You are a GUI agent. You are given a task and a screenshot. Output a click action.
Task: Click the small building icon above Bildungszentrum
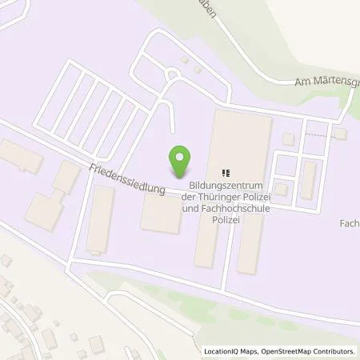pyautogui.click(x=226, y=172)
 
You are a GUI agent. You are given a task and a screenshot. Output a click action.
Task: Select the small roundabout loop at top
pyautogui.click(x=171, y=75)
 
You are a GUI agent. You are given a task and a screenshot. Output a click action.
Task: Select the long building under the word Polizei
pyautogui.click(x=206, y=244)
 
